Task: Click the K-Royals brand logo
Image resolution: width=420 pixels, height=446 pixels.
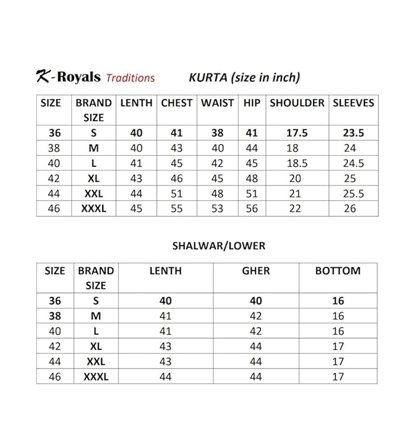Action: [67, 77]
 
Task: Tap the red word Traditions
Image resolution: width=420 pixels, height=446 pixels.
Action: [130, 78]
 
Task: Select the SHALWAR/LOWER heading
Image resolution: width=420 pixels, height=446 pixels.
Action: [218, 246]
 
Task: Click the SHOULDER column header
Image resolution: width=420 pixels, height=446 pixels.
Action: [297, 103]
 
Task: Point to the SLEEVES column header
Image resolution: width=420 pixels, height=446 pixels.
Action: [353, 103]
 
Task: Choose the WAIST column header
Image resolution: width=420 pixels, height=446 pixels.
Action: [217, 103]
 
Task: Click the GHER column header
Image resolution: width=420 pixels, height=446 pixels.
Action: [256, 270]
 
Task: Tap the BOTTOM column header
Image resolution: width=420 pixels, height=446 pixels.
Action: [338, 270]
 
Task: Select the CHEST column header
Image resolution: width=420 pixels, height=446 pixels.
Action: [177, 103]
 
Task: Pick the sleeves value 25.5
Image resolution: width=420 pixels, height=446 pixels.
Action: [353, 194]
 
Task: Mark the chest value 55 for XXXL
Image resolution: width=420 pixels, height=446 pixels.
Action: [177, 208]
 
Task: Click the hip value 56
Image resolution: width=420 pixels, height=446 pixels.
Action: [252, 208]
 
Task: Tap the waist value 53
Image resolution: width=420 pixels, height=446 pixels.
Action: [217, 208]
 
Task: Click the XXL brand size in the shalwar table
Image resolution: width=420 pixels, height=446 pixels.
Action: [95, 361]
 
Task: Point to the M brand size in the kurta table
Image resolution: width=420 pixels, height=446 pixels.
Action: [94, 148]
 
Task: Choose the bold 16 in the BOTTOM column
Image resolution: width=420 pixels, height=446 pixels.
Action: [338, 301]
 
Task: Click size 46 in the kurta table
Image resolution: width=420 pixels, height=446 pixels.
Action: [54, 208]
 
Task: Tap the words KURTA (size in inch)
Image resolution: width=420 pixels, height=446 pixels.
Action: [244, 77]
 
